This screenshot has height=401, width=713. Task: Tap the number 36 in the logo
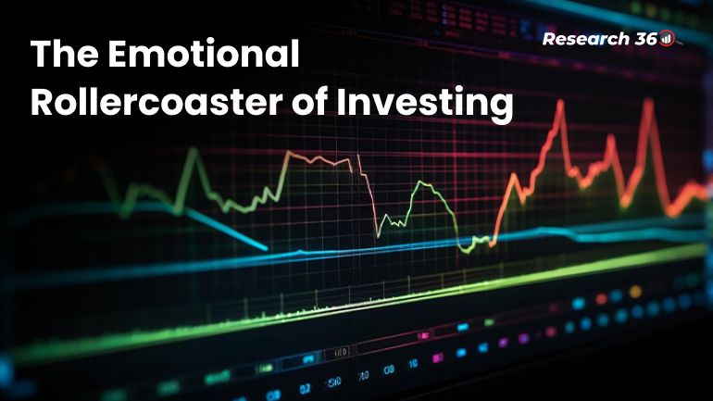point(644,39)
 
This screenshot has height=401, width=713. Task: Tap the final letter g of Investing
point(501,107)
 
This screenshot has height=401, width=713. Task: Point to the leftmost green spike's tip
point(194,150)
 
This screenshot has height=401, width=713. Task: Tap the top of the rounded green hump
point(428,183)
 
